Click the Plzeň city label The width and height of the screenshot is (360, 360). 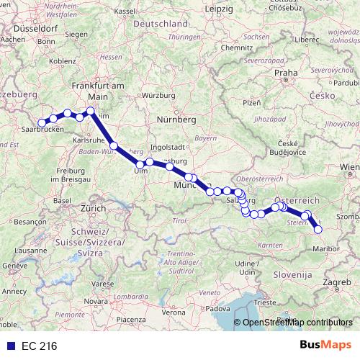point(251,104)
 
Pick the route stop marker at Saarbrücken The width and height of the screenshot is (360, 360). point(42,124)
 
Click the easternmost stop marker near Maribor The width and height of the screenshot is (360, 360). point(318,230)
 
